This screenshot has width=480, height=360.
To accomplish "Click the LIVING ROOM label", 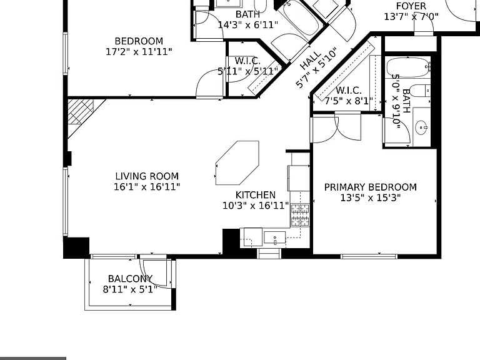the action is tap(147, 176).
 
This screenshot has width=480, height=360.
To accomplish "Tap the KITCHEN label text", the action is tap(256, 195).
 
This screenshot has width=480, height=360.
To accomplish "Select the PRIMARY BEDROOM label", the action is tap(371, 187).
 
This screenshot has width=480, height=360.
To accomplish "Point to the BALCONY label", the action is tap(130, 279).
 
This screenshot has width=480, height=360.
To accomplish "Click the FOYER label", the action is tap(411, 6).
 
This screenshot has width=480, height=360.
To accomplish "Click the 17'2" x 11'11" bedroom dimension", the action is tap(139, 52).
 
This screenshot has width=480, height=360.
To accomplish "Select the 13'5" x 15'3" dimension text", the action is tap(371, 197).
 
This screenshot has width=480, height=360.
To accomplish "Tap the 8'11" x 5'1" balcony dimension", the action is tap(130, 289).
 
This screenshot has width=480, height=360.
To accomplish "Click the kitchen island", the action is tap(237, 163).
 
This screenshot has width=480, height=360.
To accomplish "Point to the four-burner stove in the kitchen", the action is tap(300, 215).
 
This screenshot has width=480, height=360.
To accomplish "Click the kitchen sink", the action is tap(274, 237).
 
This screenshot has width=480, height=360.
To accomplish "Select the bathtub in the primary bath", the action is tap(407, 67).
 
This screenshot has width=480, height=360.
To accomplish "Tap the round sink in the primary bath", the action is tap(421, 127).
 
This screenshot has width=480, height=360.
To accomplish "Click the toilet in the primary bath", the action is tap(419, 90).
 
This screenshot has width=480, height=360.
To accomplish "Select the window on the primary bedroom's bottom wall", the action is tap(369, 256).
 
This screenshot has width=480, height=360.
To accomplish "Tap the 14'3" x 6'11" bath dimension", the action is tap(248, 25).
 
